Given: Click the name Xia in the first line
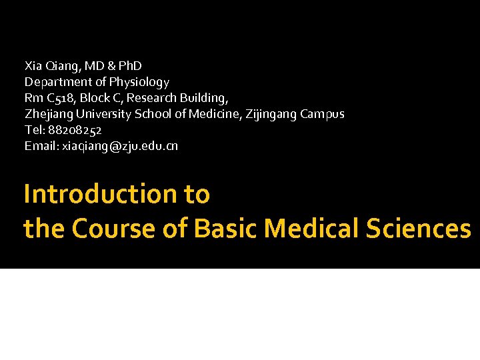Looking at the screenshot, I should coord(33,66).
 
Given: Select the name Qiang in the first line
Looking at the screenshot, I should coord(61,67).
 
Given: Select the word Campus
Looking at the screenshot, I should coord(322,114).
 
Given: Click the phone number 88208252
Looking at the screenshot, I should coord(74,130).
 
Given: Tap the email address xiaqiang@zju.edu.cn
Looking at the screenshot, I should coord(120,146).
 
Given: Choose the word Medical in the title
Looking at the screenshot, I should coord(312,229).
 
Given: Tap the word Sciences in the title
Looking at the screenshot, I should coord(418,229).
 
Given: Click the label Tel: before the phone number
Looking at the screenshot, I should coord(34,130).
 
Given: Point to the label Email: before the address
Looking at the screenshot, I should coord(41,146).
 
